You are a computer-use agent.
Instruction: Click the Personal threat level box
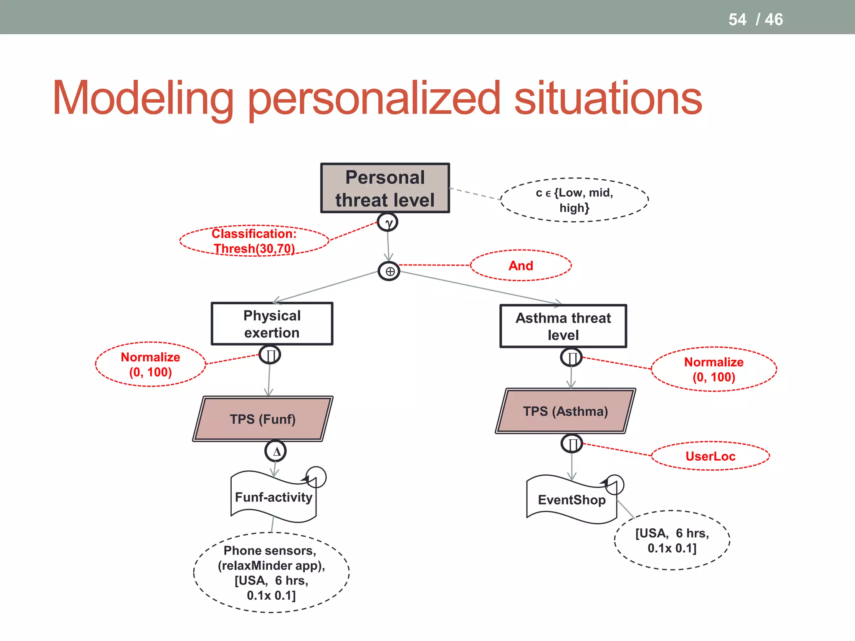coord(385,188)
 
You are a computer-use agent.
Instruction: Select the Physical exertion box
coord(272,324)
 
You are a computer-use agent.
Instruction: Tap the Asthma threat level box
coord(563,326)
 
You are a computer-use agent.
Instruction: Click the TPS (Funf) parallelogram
coord(263,419)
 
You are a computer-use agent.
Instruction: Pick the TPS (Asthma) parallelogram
coord(565,411)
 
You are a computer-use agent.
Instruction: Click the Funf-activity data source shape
coord(273,497)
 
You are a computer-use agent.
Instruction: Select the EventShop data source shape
coord(571,500)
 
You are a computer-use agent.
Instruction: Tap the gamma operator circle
coord(387,222)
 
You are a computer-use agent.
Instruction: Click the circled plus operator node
coord(389,271)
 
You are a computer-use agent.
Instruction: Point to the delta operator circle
coord(276,451)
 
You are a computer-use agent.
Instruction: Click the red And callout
coord(521,265)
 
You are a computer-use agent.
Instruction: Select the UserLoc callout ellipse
coord(710,456)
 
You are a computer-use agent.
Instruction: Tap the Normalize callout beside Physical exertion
coord(150,364)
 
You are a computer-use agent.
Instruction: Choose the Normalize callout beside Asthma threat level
coord(713,369)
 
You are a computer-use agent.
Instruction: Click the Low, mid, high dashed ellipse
coord(574,200)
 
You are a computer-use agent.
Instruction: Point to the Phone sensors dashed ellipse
coord(271,573)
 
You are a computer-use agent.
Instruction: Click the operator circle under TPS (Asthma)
coord(572,444)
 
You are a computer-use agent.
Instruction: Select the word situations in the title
coord(608,98)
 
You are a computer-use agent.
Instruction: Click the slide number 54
coord(737,20)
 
